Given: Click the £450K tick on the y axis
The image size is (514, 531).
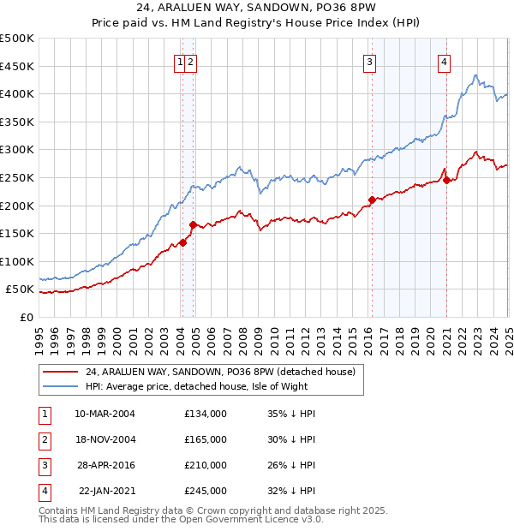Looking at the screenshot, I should (17, 66).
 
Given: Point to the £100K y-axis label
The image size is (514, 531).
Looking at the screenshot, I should (17, 261).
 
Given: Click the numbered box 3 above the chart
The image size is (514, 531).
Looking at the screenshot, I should (369, 61).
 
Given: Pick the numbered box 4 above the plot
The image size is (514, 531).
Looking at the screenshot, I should (445, 61).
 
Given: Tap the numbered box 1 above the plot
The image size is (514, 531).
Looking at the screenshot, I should (181, 61).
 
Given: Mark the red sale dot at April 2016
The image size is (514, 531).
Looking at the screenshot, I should (372, 200).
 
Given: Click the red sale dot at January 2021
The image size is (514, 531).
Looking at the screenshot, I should (446, 180).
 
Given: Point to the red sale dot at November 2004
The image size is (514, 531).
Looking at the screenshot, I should (194, 225).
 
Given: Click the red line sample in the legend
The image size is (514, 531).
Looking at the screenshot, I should (61, 372).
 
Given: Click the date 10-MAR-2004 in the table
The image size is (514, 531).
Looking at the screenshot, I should (105, 414).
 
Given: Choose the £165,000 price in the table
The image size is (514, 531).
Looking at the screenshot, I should (206, 439).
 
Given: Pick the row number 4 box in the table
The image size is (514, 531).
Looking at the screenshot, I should (44, 491).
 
